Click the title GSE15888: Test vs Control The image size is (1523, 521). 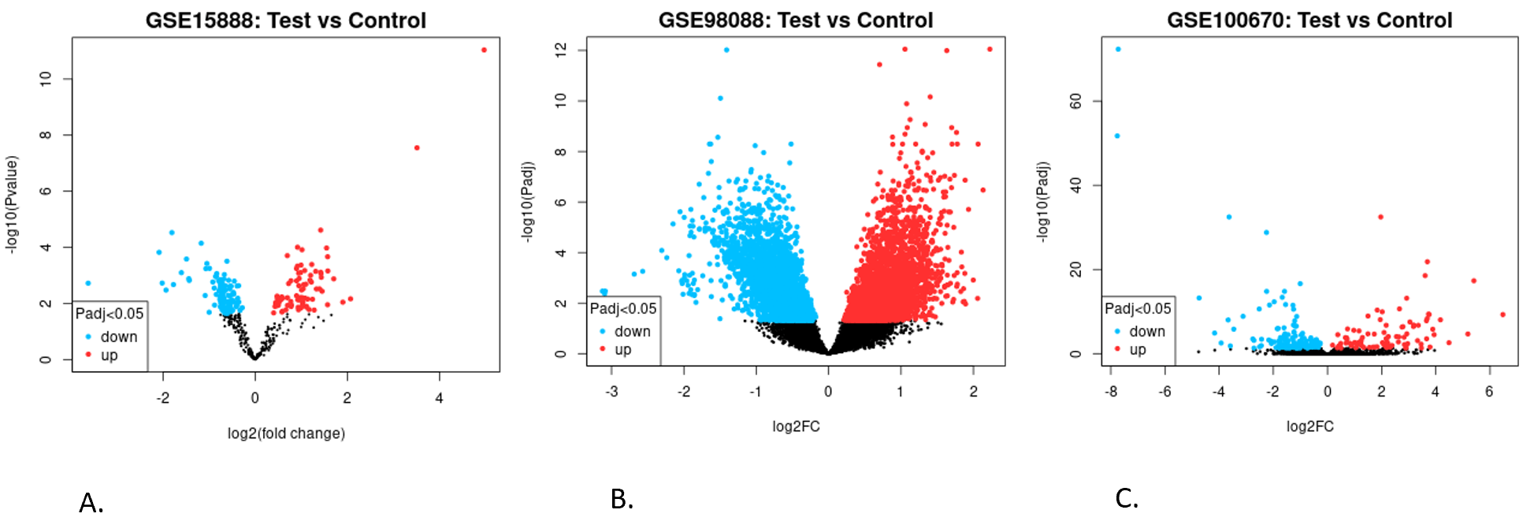pyautogui.click(x=285, y=20)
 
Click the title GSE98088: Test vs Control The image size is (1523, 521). pyautogui.click(x=796, y=20)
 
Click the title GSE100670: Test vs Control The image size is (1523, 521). pyautogui.click(x=1309, y=20)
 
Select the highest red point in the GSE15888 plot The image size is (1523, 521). pyautogui.click(x=484, y=50)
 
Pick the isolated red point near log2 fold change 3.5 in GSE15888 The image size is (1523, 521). pyautogui.click(x=417, y=148)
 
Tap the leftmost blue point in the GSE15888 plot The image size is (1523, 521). pyautogui.click(x=88, y=283)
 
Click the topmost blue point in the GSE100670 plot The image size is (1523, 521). pyautogui.click(x=1118, y=50)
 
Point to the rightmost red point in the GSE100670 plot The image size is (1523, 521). pyautogui.click(x=1503, y=314)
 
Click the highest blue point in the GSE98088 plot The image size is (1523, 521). pyautogui.click(x=726, y=50)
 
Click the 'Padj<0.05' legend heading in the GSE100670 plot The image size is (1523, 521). pyautogui.click(x=1138, y=309)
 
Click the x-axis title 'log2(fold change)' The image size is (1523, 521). pyautogui.click(x=286, y=434)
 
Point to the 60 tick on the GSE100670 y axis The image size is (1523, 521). pyautogui.click(x=1076, y=101)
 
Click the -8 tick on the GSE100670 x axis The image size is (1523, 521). pyautogui.click(x=1111, y=392)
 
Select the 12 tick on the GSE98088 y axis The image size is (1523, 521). pyautogui.click(x=561, y=50)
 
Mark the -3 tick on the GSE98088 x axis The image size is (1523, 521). pyautogui.click(x=611, y=392)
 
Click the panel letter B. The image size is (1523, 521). pyautogui.click(x=622, y=500)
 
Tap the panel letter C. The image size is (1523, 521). pyautogui.click(x=1126, y=499)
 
